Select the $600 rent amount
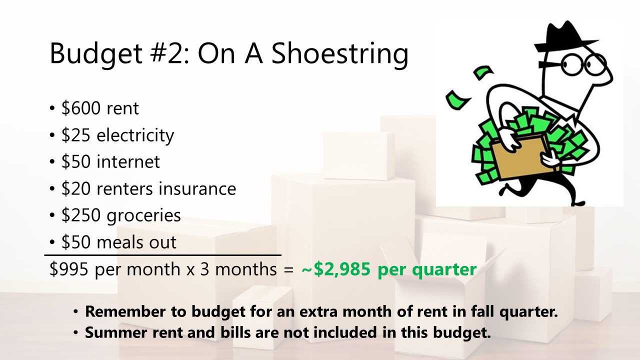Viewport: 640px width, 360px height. pos(81,108)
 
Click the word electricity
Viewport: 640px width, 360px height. pos(135,135)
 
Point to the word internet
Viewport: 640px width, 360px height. pos(128,161)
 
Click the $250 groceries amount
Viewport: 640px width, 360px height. pos(81,215)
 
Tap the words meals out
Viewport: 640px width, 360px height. pos(136,242)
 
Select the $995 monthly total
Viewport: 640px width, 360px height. pos(69,269)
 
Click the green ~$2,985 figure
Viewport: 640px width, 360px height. pos(336,269)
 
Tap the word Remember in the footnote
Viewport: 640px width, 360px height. pos(125,311)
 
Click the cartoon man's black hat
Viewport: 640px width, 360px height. pos(565,36)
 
